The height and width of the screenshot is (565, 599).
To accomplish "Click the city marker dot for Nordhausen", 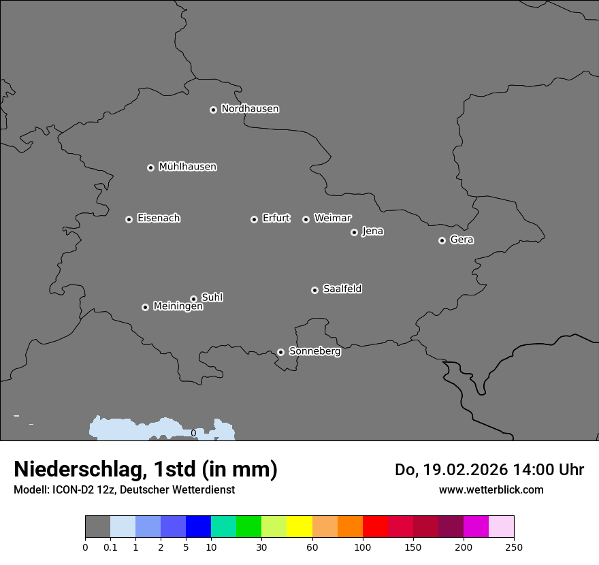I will [x=213, y=110].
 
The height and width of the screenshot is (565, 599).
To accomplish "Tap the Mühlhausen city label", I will [x=187, y=167].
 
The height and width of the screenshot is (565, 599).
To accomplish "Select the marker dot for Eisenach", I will [x=129, y=219].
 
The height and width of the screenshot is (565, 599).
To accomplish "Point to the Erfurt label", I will [x=276, y=219].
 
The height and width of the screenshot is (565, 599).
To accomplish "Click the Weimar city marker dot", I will [x=306, y=219].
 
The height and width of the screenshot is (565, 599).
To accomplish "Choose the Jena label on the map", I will [x=372, y=231].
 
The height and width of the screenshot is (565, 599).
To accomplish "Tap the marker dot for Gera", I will [x=442, y=240].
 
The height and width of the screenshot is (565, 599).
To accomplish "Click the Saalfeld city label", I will [x=342, y=289].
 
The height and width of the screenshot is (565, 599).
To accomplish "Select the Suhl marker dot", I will [x=193, y=299].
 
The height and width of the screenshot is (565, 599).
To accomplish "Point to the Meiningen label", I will [x=178, y=307].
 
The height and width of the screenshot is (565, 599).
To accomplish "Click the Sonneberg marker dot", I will [x=280, y=352].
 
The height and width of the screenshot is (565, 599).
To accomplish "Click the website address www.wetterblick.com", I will [x=491, y=490].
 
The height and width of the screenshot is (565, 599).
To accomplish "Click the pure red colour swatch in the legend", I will [x=375, y=527].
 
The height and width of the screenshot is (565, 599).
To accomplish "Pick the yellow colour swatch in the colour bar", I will [x=299, y=527].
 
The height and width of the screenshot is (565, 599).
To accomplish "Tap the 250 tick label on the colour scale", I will [x=514, y=547].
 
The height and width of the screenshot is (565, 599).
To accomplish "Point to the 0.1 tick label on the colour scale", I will [x=110, y=547].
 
